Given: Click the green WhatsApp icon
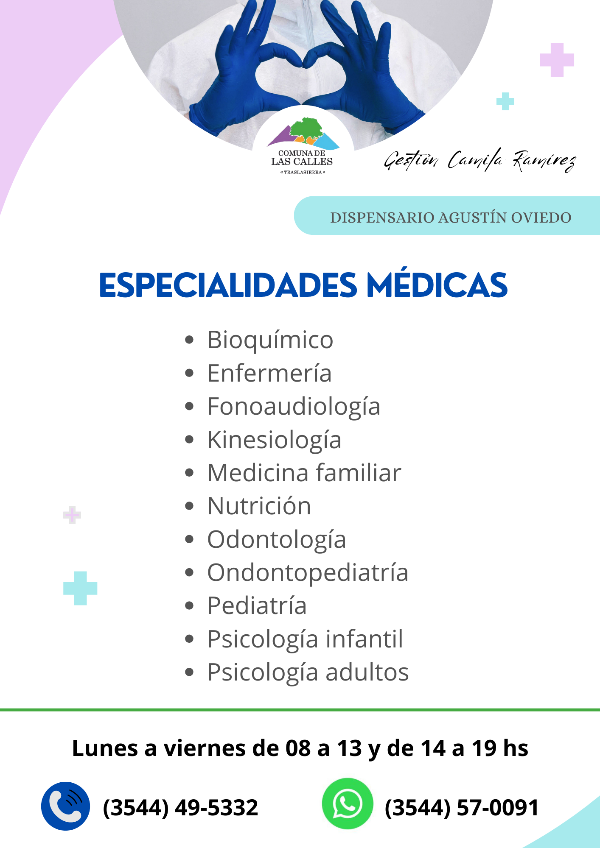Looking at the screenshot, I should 347,803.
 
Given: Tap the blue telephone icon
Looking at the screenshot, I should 65,806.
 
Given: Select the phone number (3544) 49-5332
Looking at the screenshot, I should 180,807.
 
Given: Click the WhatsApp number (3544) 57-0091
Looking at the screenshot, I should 462,807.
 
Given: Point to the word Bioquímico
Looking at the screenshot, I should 270,340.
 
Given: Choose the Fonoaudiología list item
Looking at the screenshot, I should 294,407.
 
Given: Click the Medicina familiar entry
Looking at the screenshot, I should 304,473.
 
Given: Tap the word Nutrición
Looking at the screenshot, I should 259,506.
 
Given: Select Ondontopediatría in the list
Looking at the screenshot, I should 308,573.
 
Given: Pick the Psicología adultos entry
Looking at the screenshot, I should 308,672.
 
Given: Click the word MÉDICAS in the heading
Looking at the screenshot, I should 437,285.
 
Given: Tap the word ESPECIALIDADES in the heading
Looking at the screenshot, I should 228,285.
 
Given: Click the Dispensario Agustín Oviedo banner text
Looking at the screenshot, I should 451,218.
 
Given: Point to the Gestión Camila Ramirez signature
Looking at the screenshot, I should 479,160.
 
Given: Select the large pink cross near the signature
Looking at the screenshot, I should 557,60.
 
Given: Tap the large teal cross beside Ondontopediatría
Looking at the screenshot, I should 80,588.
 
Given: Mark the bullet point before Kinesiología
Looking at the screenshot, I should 189,440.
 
